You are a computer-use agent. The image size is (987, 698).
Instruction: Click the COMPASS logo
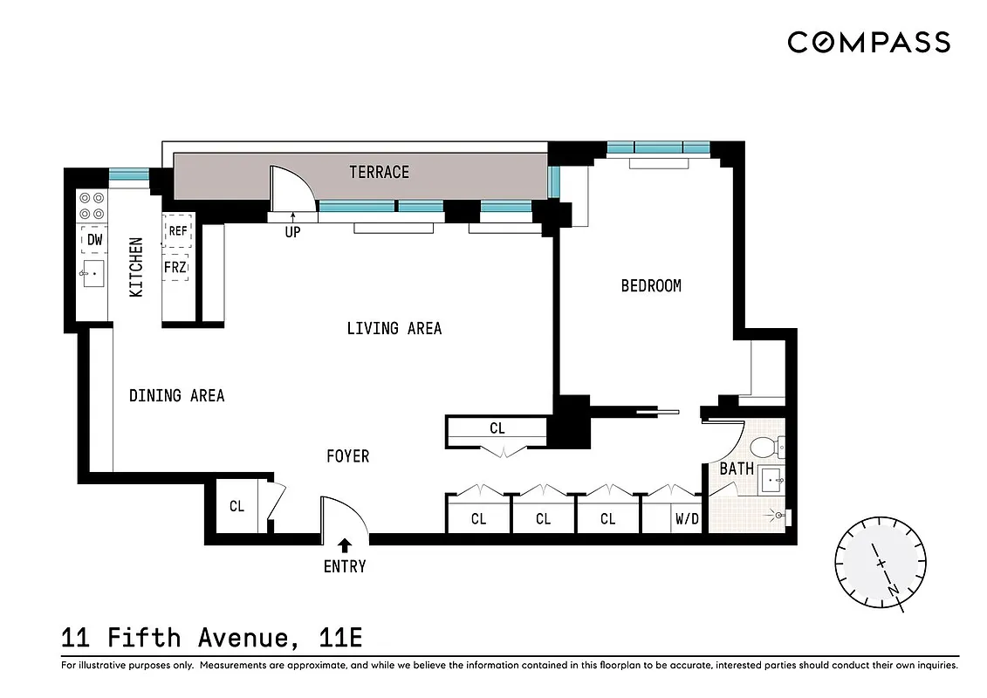tap(868, 42)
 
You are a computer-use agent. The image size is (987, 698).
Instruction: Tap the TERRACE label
tap(379, 172)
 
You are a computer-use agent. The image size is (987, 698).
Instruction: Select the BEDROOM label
tap(651, 285)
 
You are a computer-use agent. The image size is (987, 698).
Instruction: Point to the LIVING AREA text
tap(394, 328)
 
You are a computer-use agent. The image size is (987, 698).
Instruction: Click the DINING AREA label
tap(177, 395)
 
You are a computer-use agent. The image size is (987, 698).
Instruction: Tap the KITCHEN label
tap(136, 267)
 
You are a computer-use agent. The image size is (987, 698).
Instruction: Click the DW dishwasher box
tap(93, 239)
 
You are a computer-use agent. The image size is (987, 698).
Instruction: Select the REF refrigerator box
tap(178, 230)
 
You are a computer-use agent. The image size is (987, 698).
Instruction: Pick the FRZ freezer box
tap(176, 267)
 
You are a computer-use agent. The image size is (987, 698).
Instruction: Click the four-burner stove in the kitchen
tap(92, 205)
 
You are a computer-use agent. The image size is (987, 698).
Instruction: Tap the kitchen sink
tap(92, 274)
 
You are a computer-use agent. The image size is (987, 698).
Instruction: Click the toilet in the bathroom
tap(764, 448)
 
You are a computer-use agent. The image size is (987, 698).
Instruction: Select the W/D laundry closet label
tap(687, 519)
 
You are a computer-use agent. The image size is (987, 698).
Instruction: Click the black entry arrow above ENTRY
tap(345, 546)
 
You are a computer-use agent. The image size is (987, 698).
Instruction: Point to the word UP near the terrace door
tap(292, 233)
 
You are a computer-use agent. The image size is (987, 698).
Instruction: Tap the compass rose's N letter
tap(893, 590)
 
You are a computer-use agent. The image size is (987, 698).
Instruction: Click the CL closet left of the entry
tap(236, 506)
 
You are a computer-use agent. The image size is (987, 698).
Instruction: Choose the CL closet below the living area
tap(497, 428)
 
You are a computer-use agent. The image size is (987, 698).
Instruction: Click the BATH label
tap(737, 469)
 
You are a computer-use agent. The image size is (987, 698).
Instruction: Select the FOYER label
tap(347, 456)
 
